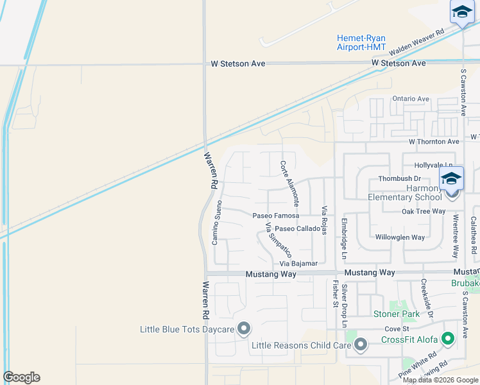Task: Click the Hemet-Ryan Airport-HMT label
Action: pos(361,42)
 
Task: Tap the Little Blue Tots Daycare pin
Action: pos(244,329)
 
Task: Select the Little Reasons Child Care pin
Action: pos(361,345)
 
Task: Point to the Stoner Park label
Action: pos(397,314)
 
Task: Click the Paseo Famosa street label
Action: pos(276,216)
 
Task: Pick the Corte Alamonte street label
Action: pos(289,183)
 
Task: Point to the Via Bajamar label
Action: pos(298,264)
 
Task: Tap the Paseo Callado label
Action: pos(298,229)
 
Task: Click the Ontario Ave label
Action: pos(411,99)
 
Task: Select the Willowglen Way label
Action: pos(400,237)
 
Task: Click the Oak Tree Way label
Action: pos(424,211)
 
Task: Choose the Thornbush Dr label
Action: pos(399,178)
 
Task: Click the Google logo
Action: pos(22,377)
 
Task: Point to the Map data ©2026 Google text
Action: pos(440,380)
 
